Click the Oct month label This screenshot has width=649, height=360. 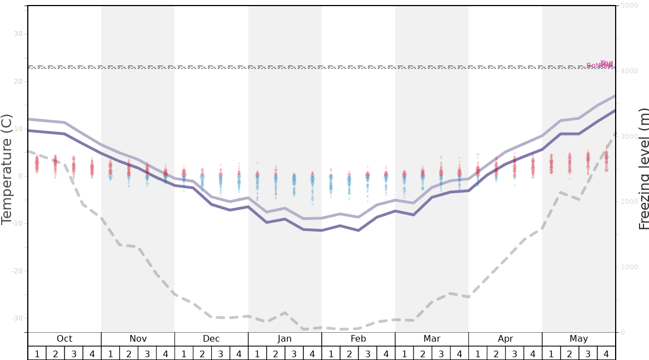tap(64, 339)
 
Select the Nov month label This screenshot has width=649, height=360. tap(138, 339)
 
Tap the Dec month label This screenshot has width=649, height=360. tap(211, 339)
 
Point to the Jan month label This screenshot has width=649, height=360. tap(284, 339)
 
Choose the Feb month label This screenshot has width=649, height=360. tap(358, 339)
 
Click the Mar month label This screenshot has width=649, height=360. tap(432, 339)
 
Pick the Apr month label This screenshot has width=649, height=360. tap(505, 339)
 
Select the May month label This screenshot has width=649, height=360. tap(578, 339)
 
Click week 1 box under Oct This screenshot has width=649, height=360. tap(37, 353)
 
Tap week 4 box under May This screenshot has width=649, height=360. tap(606, 353)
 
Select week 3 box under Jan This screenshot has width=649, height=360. tap(294, 353)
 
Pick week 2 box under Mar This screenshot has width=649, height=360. tap(422, 353)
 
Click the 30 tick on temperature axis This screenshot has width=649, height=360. tap(18, 34)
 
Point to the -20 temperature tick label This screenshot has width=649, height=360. tap(17, 271)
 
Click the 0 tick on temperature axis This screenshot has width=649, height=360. tap(20, 177)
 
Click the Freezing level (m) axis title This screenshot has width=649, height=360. tap(643, 169)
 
